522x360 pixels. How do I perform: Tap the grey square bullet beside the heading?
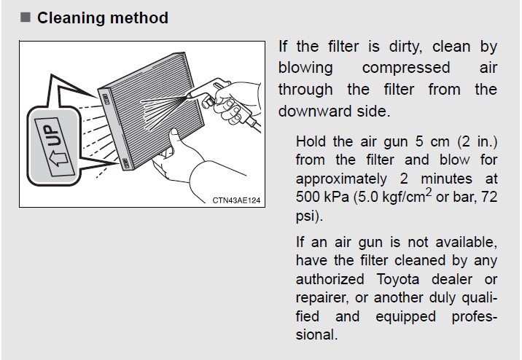[x=26, y=17]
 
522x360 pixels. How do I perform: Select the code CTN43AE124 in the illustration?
[x=236, y=200]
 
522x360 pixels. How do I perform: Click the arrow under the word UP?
[x=59, y=159]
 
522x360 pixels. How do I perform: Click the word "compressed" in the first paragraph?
[x=406, y=69]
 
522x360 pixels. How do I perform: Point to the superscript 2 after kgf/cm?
[x=429, y=192]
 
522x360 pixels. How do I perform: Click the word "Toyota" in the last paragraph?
[x=398, y=279]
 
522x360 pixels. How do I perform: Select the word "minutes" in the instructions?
[x=446, y=179]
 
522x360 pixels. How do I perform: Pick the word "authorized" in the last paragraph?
[x=330, y=279]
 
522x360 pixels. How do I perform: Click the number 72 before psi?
[x=489, y=197]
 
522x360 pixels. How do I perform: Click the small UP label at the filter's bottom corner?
[x=126, y=163]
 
